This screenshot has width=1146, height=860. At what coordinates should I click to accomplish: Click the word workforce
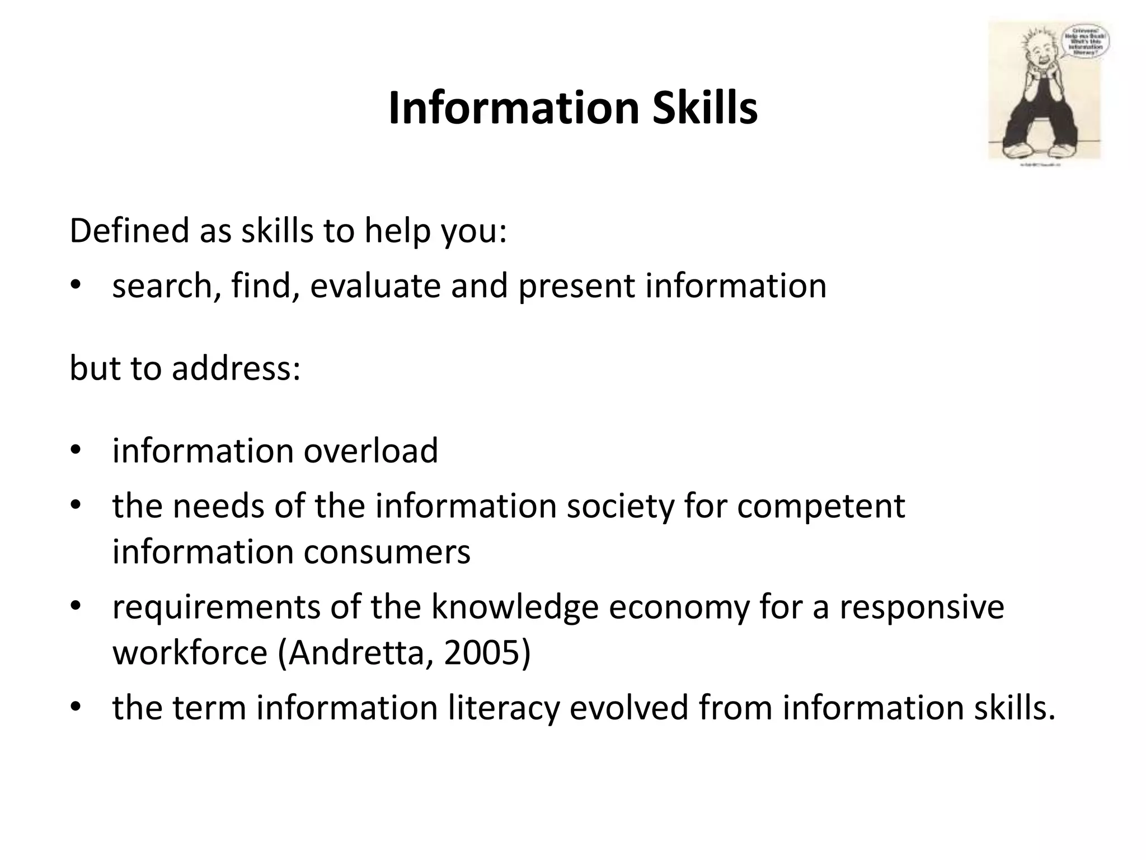pos(190,653)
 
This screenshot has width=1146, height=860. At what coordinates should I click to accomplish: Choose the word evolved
pos(629,708)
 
